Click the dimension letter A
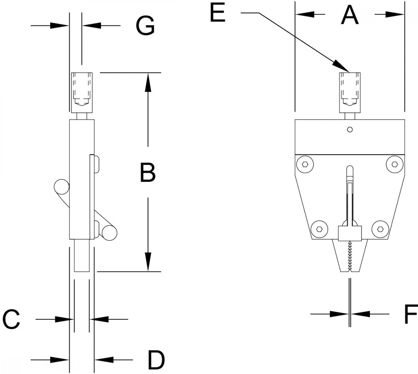tap(350, 15)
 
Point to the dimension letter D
tap(156, 360)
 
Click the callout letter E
tap(218, 13)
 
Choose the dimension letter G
tap(145, 26)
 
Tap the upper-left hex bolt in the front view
tap(305, 164)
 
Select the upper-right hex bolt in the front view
tap(395, 164)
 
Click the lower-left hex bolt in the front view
tap(319, 229)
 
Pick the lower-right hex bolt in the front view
tap(380, 229)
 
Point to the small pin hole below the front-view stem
tap(350, 130)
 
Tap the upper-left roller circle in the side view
tap(61, 187)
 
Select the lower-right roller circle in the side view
tap(109, 233)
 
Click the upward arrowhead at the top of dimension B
tap(148, 83)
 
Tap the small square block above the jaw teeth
tap(350, 233)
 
